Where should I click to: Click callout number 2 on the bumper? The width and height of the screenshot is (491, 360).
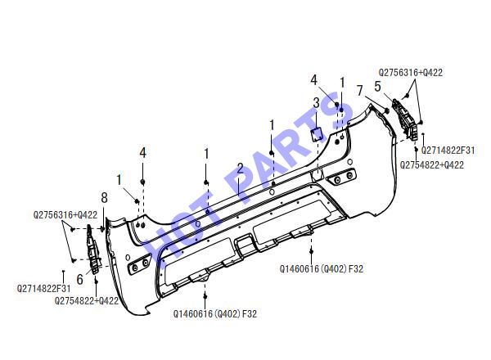click(x=240, y=169)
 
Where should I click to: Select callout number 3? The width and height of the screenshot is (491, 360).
click(x=317, y=102)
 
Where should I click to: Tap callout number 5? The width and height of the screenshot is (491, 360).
click(x=377, y=87)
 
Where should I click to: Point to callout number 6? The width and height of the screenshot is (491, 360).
click(x=80, y=280)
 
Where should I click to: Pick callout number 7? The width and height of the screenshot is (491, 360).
click(x=360, y=91)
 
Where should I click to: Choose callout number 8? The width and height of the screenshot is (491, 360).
click(x=104, y=198)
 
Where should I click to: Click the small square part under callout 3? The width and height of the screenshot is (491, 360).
click(x=317, y=134)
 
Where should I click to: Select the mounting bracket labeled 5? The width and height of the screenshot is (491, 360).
click(x=406, y=119)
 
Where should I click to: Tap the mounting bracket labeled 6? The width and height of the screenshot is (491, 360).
click(x=93, y=249)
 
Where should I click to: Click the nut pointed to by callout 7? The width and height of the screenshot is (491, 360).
click(x=386, y=110)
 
